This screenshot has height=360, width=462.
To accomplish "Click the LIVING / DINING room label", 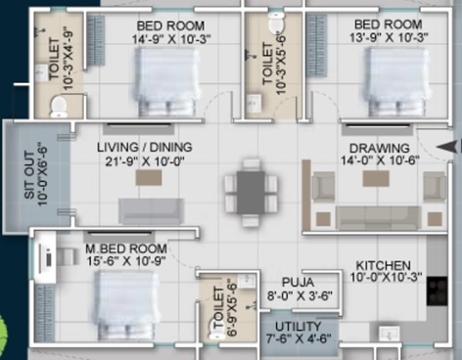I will coord(144,147).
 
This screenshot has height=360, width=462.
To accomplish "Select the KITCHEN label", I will coord(383,265).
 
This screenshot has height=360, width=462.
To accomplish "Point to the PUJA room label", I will coord(297,282).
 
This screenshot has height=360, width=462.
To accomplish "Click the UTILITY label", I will coord(300,325).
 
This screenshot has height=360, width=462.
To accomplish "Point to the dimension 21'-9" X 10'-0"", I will coord(144,162).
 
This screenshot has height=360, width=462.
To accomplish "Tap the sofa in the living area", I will coord(150,210).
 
